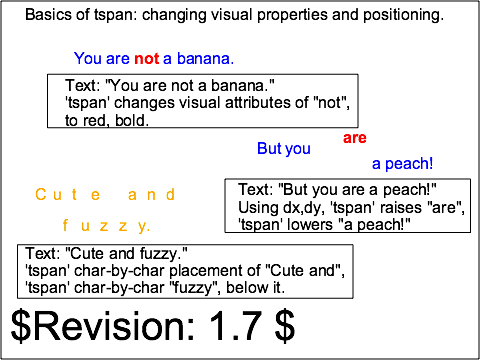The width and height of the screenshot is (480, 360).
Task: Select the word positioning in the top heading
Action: click(403, 16)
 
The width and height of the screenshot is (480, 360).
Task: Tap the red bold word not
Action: click(147, 59)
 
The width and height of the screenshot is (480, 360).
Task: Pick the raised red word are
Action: click(355, 138)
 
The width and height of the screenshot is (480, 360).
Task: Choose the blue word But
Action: click(269, 148)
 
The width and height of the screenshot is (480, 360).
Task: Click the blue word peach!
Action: click(409, 164)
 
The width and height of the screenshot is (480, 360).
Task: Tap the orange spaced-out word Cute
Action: click(68, 195)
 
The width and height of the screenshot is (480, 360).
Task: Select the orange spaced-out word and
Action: click(151, 195)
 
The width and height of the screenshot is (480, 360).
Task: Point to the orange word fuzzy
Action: click(106, 226)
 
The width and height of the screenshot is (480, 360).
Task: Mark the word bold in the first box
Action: click(132, 120)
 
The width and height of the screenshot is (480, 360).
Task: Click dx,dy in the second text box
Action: click(304, 208)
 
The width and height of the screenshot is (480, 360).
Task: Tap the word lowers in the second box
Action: click(312, 225)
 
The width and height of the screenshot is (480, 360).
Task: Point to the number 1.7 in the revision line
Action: click(235, 325)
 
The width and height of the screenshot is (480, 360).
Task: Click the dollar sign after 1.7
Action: click(285, 326)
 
